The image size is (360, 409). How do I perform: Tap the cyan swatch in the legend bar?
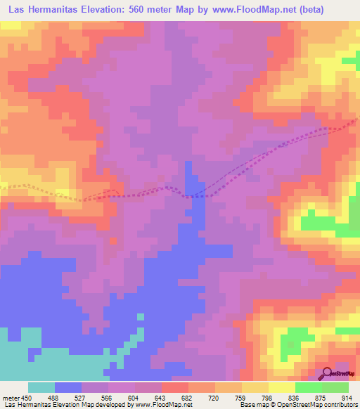41,387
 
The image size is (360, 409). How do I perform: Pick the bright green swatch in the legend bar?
308,387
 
